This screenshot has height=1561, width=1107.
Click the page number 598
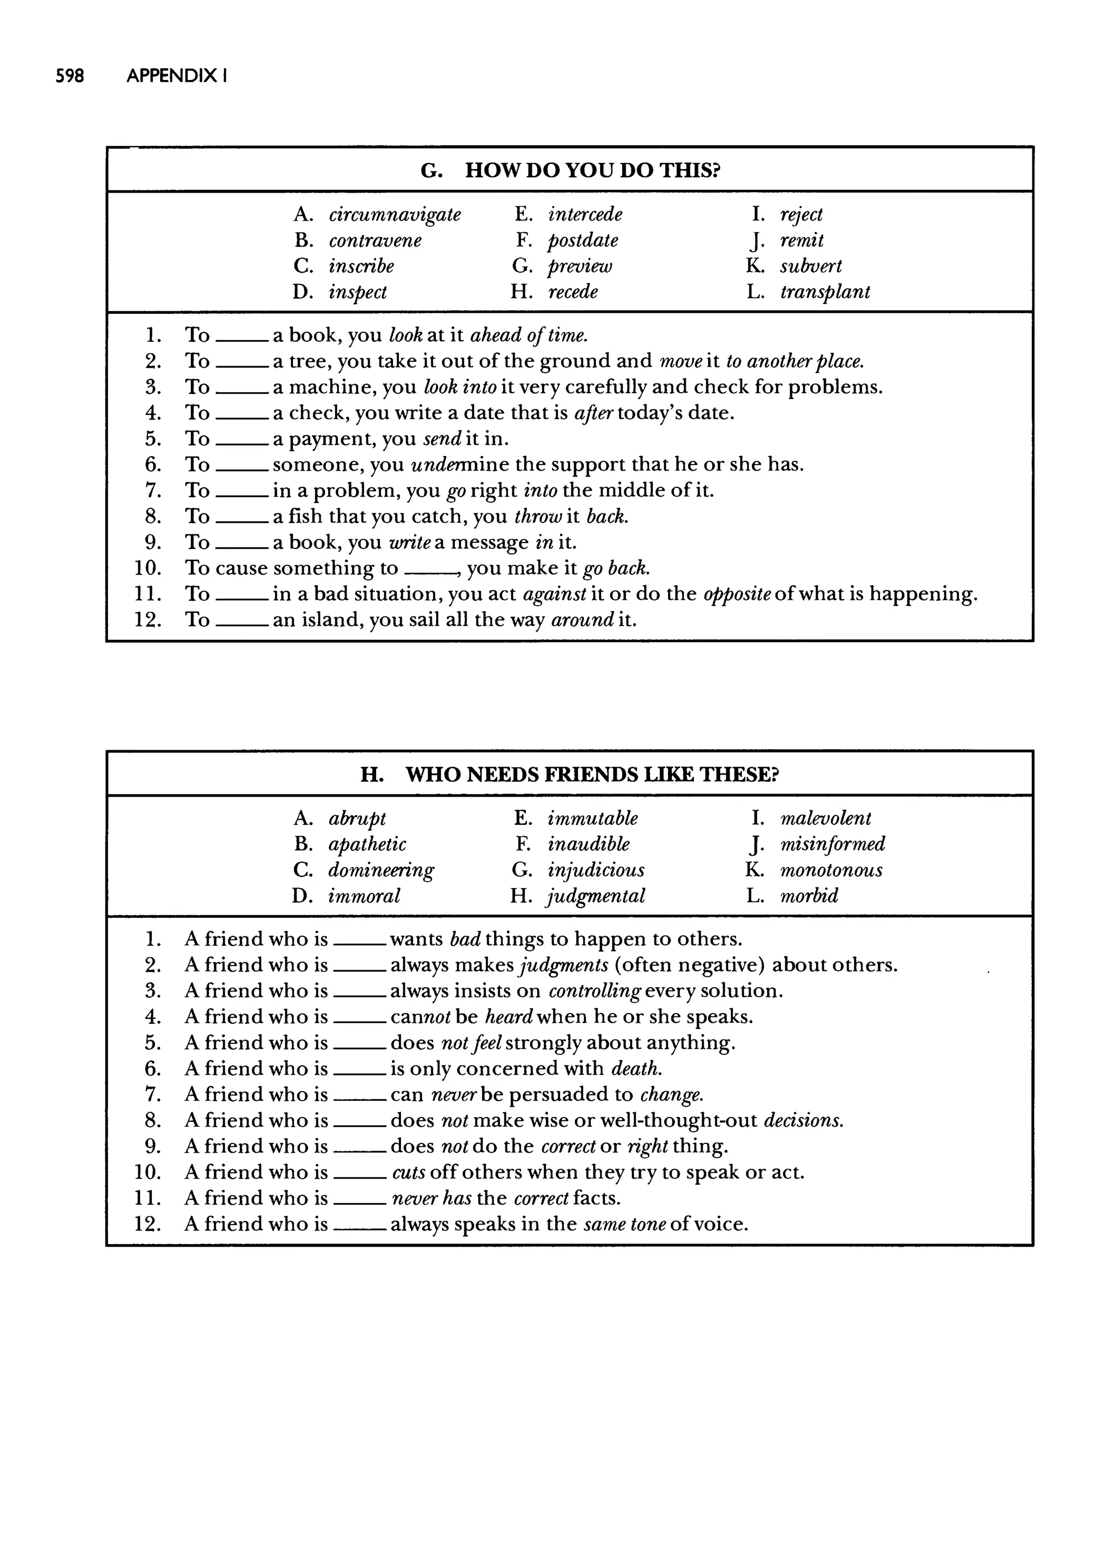point(70,76)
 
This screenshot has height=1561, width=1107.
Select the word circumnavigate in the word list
point(395,214)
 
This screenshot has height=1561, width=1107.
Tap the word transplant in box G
point(825,292)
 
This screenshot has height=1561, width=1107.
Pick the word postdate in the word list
point(583,240)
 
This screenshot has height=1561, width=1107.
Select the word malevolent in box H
point(825,818)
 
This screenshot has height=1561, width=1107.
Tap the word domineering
point(381,870)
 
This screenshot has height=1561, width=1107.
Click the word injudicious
point(596,870)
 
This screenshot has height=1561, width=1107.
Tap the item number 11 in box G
point(148,594)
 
